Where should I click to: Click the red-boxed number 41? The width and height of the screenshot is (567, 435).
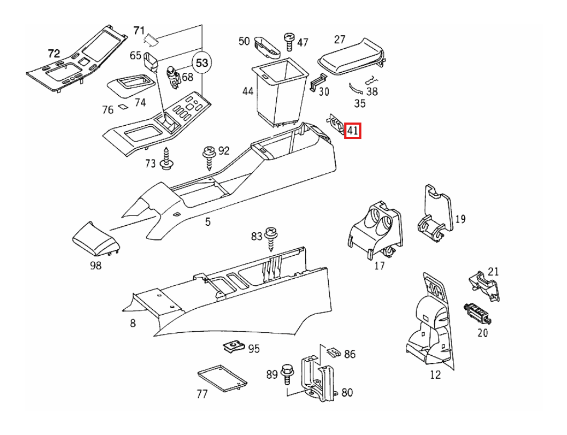[352, 130]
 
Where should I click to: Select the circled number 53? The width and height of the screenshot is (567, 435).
[202, 63]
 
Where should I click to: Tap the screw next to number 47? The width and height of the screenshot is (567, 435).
[289, 42]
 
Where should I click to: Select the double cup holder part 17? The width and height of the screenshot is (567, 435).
[375, 230]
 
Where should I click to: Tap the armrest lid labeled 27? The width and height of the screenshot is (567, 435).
[351, 58]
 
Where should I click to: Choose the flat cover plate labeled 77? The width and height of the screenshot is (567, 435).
[222, 378]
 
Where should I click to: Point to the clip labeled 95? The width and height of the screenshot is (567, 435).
[233, 347]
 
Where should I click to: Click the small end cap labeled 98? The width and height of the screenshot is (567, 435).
[96, 240]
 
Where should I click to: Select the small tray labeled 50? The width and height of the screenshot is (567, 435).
[267, 47]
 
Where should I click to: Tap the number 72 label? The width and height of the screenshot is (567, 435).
[54, 54]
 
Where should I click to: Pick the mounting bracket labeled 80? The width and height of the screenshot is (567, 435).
[318, 378]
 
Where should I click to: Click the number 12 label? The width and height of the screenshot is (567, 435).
[435, 375]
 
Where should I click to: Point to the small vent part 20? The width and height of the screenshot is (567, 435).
[478, 313]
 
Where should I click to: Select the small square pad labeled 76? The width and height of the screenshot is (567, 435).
[123, 108]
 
